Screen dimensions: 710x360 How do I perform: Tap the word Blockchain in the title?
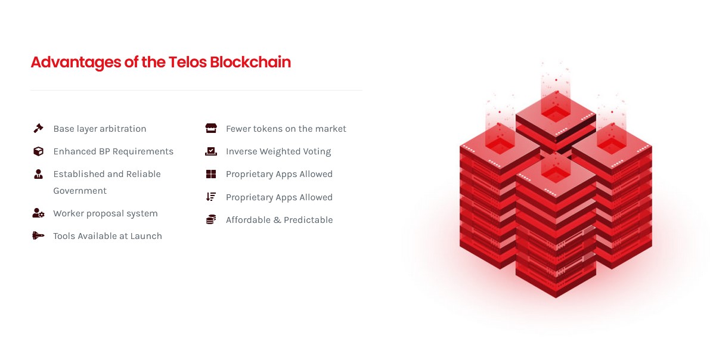(250, 62)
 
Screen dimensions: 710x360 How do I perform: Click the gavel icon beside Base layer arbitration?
(39, 128)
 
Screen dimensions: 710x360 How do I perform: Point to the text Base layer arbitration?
(100, 129)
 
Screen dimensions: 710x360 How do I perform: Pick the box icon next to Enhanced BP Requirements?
(39, 151)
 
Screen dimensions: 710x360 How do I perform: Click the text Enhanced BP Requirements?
(113, 152)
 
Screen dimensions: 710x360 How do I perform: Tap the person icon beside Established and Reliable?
(39, 174)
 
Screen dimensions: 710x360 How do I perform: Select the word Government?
(80, 191)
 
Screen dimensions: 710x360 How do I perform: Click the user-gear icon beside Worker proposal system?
(39, 213)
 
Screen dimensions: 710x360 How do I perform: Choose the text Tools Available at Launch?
(107, 236)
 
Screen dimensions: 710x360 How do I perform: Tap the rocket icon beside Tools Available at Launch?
(39, 235)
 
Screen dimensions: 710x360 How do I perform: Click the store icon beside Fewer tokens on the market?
(211, 128)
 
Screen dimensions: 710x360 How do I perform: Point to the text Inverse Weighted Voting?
(278, 152)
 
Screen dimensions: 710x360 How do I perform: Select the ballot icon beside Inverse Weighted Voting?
(211, 151)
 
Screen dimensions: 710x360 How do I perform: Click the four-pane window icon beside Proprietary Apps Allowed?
(211, 174)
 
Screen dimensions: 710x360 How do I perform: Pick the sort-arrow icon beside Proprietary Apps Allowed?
(211, 197)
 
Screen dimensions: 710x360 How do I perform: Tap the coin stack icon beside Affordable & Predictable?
(211, 219)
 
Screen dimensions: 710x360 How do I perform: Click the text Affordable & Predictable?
(280, 220)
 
